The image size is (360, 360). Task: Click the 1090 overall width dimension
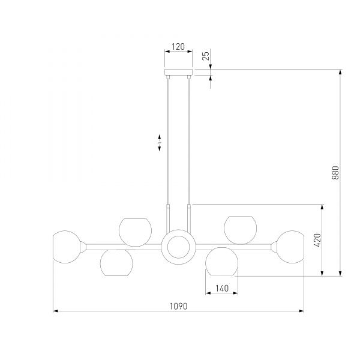(x=178, y=306)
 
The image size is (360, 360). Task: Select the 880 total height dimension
(x=335, y=173)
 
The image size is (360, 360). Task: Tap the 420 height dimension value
(x=317, y=240)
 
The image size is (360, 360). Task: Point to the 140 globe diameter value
(x=222, y=288)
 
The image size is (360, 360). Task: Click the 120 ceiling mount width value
(x=178, y=47)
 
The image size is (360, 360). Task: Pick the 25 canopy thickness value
(x=206, y=56)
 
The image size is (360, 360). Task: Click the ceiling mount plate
(x=178, y=72)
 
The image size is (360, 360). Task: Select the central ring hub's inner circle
(x=178, y=247)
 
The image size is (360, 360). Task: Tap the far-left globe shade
(x=67, y=247)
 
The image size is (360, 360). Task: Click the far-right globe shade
(x=290, y=247)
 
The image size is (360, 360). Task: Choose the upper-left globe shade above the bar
(x=135, y=232)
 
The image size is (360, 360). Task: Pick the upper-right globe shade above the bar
(x=241, y=230)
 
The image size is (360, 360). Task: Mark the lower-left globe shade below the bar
(x=116, y=263)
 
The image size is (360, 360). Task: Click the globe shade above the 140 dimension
(x=222, y=261)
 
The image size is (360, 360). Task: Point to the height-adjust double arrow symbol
(x=160, y=143)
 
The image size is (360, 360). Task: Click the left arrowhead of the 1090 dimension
(x=56, y=311)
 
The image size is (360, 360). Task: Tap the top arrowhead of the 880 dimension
(x=340, y=72)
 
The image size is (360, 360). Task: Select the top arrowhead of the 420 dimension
(x=322, y=207)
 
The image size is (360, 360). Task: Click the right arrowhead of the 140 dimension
(x=235, y=293)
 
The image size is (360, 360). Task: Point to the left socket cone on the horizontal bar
(x=83, y=247)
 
